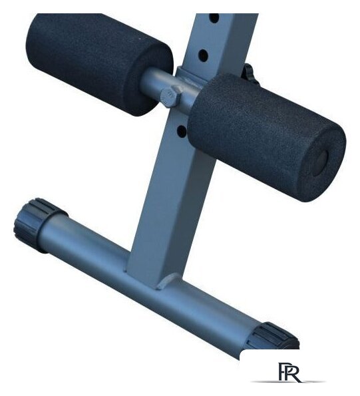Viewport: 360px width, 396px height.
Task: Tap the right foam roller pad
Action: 268,136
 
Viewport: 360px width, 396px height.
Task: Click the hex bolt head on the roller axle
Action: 171,97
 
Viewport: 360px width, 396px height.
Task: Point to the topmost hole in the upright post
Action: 214,18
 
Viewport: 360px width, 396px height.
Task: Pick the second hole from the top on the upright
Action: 203,55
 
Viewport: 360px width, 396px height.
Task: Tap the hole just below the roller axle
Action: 182,131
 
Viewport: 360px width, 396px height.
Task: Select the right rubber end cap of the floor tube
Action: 274,336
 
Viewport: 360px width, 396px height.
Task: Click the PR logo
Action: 289,372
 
